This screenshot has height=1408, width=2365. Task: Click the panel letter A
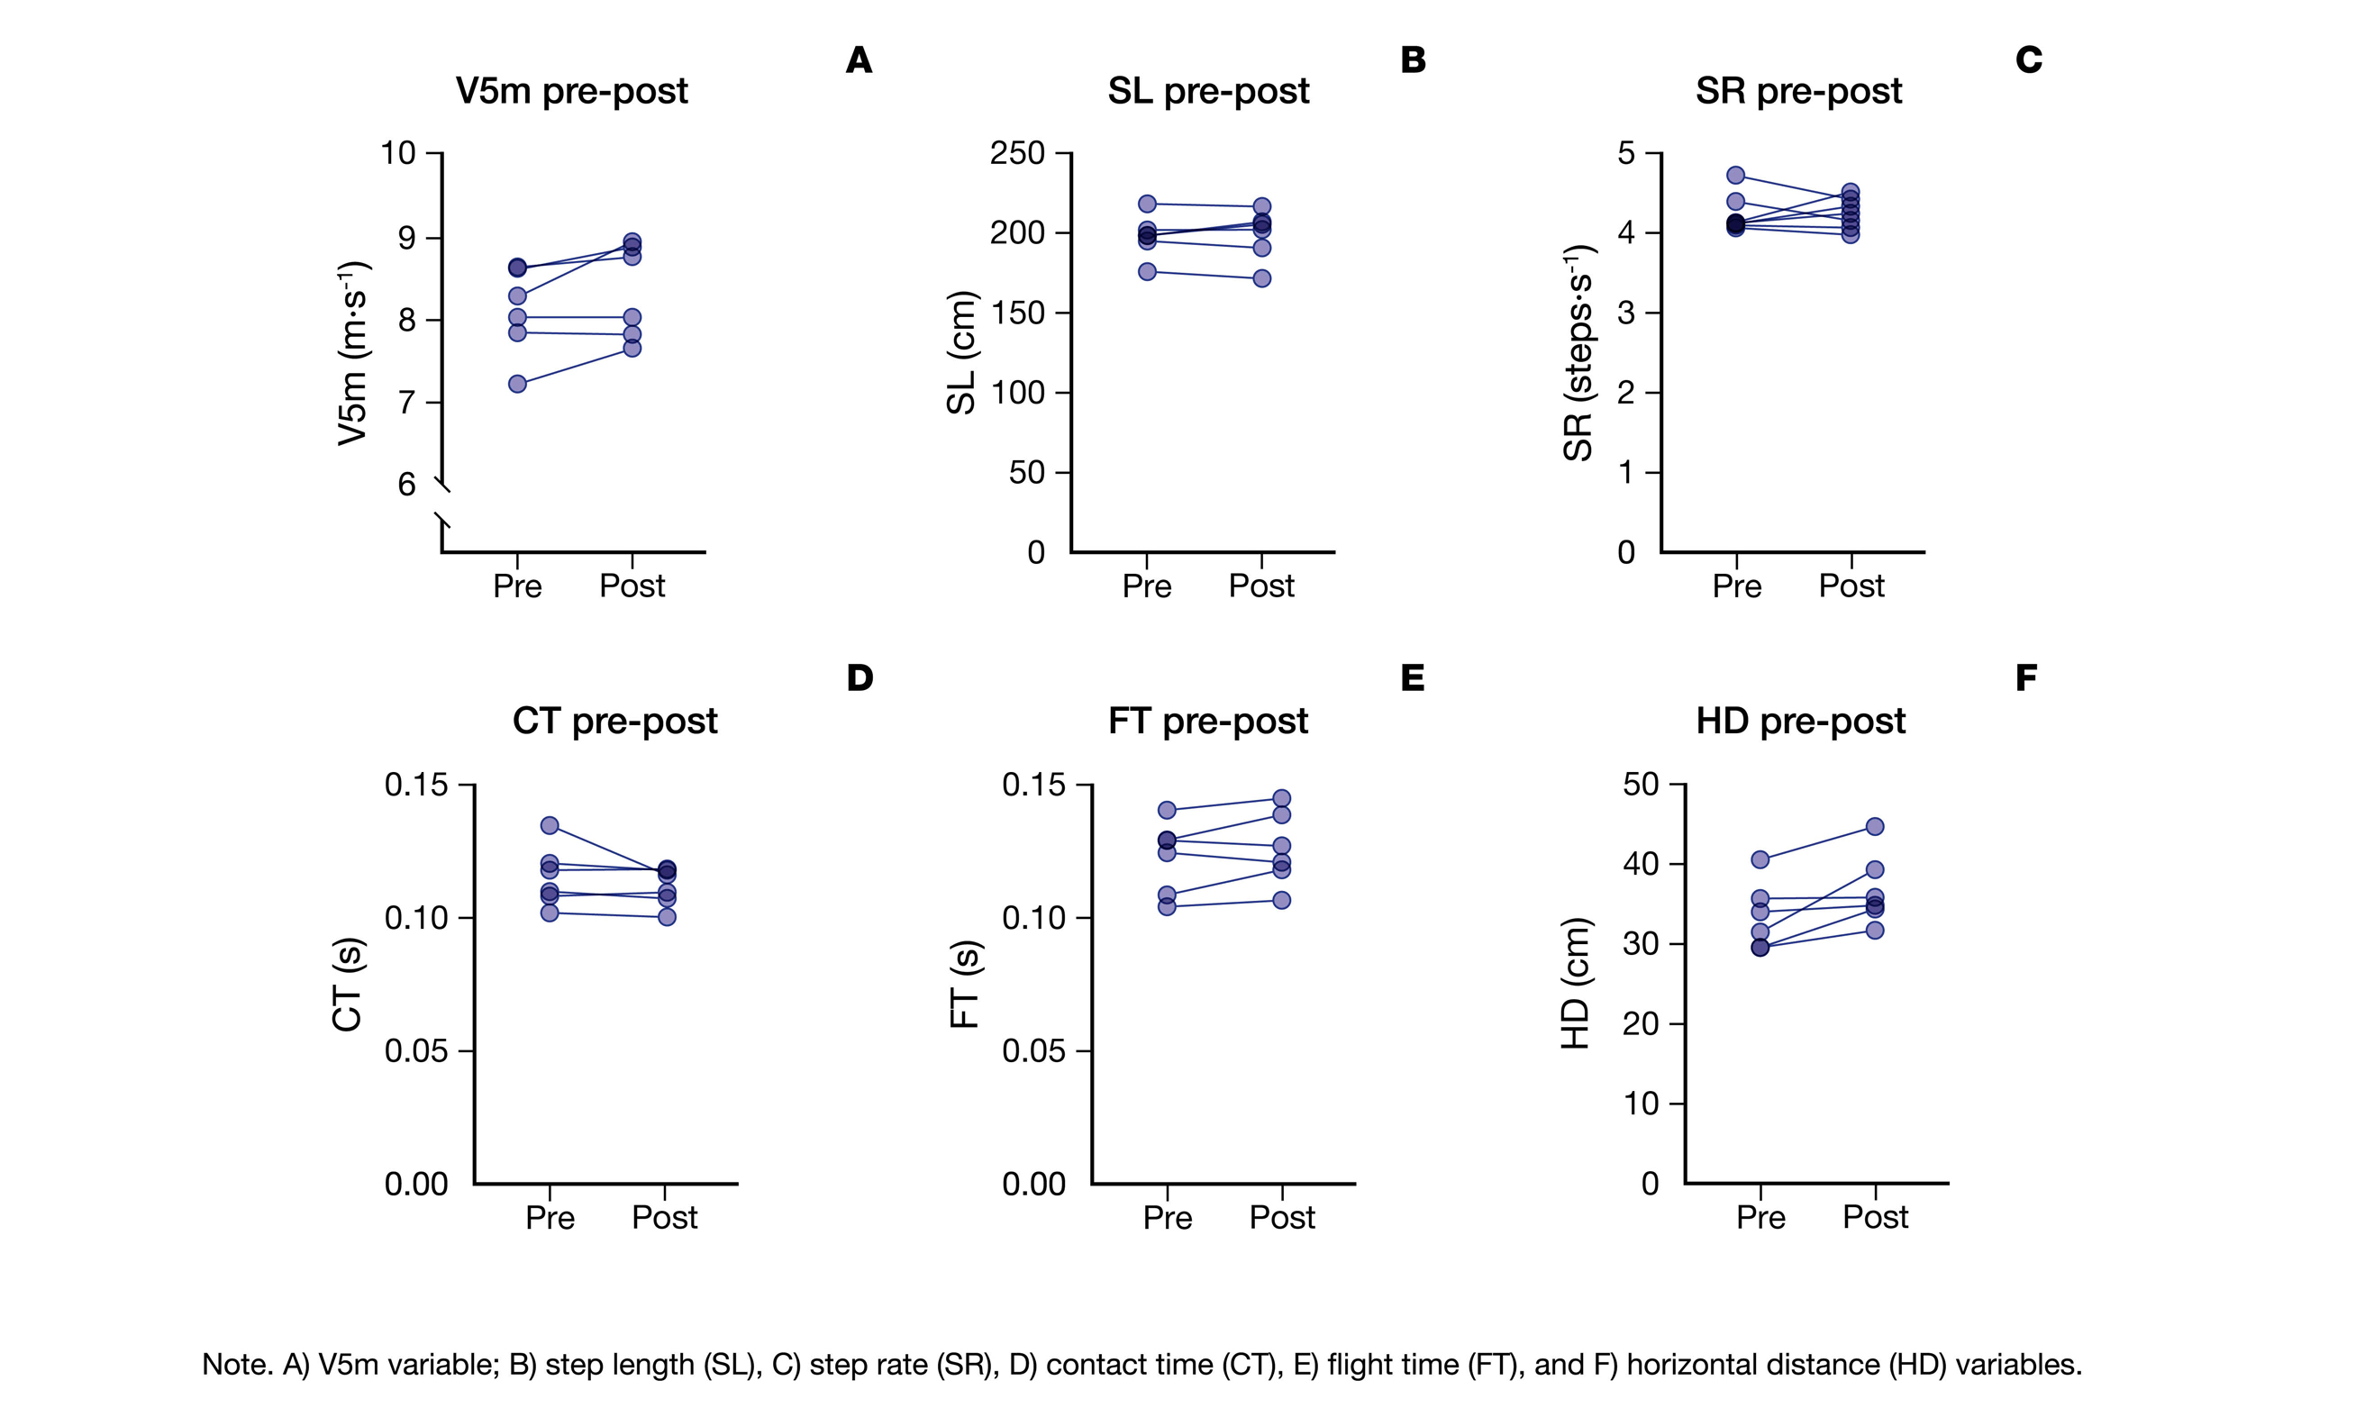[858, 60]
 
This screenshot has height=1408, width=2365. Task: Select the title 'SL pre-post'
[1207, 91]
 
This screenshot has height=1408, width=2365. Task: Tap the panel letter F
[2025, 677]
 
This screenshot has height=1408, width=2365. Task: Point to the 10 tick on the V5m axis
[398, 153]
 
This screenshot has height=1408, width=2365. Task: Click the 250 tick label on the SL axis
[1017, 153]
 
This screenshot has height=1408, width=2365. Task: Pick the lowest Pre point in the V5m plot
[517, 385]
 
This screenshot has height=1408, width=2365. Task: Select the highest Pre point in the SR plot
[1735, 176]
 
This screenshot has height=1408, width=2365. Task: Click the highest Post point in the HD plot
[1875, 826]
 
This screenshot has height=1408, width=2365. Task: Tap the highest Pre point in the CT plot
[550, 825]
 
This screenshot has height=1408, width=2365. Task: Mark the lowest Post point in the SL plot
[1261, 278]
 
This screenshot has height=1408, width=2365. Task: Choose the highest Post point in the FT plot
[1280, 799]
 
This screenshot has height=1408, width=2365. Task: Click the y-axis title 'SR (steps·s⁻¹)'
[1578, 353]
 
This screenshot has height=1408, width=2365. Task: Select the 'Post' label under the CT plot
[664, 1217]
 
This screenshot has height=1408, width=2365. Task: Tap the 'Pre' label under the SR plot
[1736, 586]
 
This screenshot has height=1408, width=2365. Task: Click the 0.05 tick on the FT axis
[1033, 1050]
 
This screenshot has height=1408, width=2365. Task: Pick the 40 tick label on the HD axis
[1641, 863]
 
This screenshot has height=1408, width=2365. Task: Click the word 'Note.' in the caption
[238, 1365]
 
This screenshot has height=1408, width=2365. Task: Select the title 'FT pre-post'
[1207, 721]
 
